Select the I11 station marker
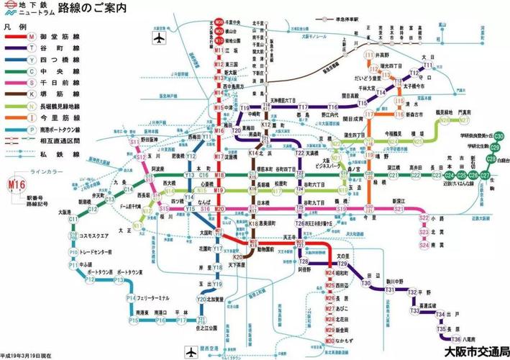click(370, 55)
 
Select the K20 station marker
click(238, 257)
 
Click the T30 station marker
click(366, 284)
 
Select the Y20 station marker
click(202, 297)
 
